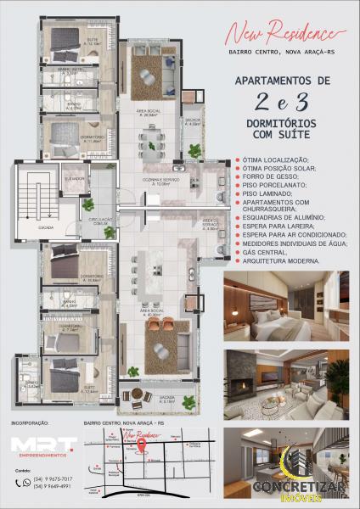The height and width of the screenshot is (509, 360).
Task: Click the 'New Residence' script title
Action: [286, 35]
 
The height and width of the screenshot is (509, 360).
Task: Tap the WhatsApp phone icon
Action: [28, 482]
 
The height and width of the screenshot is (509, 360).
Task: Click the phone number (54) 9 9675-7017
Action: [55, 478]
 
